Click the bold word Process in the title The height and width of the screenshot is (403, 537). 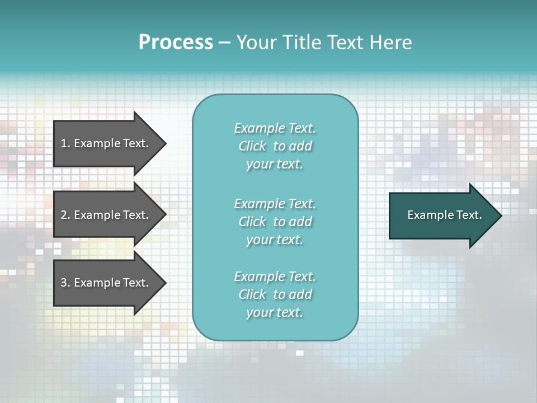(176, 43)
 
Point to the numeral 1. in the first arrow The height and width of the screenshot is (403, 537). (65, 143)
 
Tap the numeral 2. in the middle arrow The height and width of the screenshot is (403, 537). (65, 215)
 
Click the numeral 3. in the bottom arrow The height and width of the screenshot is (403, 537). (65, 283)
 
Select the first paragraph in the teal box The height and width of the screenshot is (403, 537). (275, 146)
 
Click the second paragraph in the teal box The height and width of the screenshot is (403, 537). (275, 222)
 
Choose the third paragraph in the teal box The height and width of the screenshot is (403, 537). (275, 294)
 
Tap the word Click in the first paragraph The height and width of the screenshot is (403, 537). (252, 146)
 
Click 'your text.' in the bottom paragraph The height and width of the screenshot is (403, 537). (275, 312)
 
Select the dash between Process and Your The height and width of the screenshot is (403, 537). (224, 43)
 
